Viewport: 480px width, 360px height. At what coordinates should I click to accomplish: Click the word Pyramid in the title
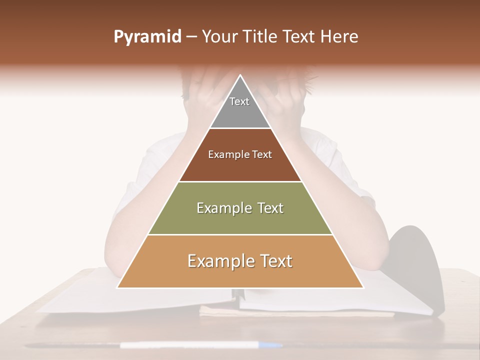[147, 37]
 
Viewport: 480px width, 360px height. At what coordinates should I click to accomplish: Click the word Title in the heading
[260, 37]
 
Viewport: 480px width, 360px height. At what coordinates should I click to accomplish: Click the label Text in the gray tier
[239, 101]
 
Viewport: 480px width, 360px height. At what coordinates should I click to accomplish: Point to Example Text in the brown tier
[240, 154]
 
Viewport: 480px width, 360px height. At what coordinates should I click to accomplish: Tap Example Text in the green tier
[240, 208]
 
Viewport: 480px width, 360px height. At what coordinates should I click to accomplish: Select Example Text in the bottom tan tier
[240, 261]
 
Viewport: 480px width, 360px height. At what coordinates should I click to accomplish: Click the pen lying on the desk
[200, 345]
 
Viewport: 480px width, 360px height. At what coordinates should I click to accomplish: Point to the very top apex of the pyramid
[240, 76]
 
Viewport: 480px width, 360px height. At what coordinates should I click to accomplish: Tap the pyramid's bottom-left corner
[118, 287]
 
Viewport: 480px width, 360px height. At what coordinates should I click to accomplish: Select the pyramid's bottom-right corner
[362, 287]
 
